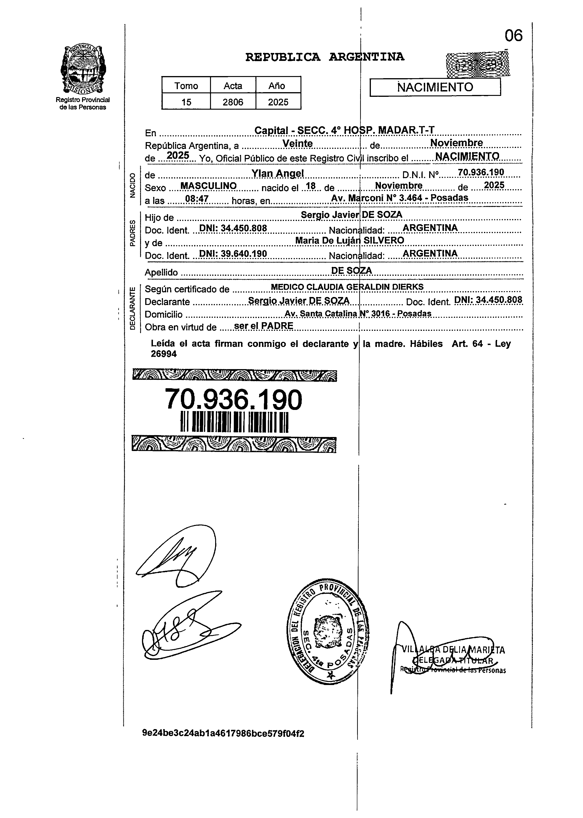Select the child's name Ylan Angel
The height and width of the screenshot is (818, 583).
click(277, 174)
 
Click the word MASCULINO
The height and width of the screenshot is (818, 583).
click(208, 186)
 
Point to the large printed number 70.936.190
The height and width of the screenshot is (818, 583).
click(233, 400)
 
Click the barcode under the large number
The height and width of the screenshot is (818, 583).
click(234, 422)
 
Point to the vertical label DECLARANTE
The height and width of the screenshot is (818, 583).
click(132, 308)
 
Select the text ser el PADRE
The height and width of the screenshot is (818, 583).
click(263, 326)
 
